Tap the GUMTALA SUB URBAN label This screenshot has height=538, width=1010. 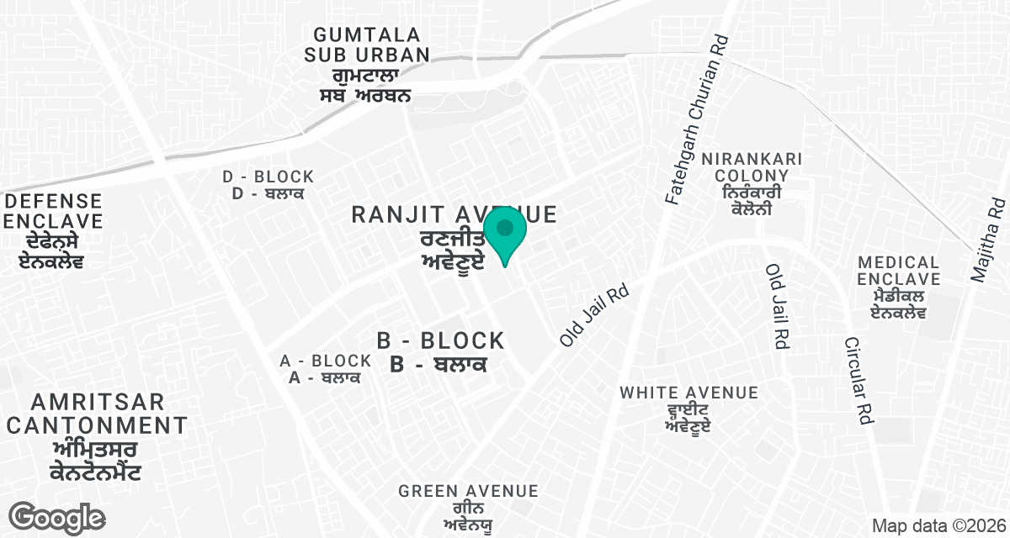pyautogui.click(x=371, y=45)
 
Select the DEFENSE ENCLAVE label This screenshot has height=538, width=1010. pyautogui.click(x=55, y=212)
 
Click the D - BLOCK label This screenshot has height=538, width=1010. pyautogui.click(x=268, y=177)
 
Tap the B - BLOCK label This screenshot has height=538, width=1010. pyautogui.click(x=440, y=341)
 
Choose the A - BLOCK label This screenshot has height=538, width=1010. pyautogui.click(x=326, y=361)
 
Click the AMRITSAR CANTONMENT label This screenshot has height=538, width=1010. pyautogui.click(x=97, y=414)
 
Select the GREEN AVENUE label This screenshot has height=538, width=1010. pyautogui.click(x=468, y=491)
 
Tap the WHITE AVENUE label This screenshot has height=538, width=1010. pyautogui.click(x=689, y=393)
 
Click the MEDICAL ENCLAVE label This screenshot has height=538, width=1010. pyautogui.click(x=898, y=271)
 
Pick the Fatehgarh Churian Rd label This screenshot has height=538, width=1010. pyautogui.click(x=695, y=122)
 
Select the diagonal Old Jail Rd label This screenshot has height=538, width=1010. pyautogui.click(x=594, y=312)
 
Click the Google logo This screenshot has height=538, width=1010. pyautogui.click(x=56, y=516)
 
